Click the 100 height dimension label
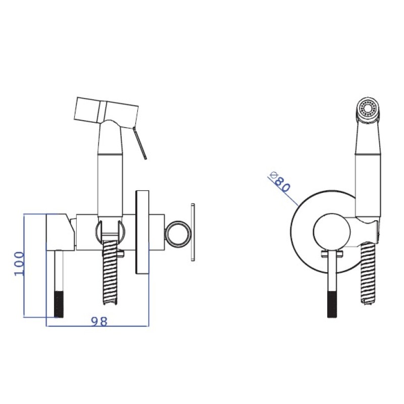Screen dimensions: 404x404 19,264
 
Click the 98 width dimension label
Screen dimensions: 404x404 99,322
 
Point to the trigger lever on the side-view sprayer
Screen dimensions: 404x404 140,143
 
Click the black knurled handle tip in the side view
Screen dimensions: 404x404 59,305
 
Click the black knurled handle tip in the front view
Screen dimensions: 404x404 332,305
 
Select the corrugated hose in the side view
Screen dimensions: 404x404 110,273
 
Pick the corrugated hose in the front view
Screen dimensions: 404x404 368,274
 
